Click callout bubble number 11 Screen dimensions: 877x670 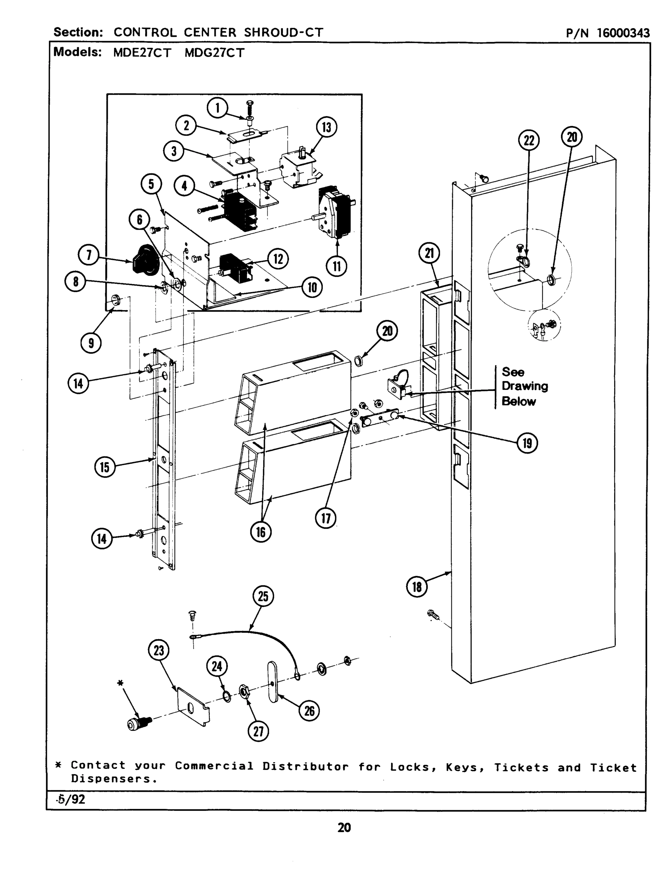(x=337, y=266)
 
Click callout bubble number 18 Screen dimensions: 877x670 (x=417, y=587)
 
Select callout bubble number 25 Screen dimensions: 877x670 (x=263, y=596)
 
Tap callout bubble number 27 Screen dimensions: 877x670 (x=258, y=731)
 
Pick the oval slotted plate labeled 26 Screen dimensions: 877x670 (x=273, y=681)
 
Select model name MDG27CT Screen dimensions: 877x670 (x=214, y=53)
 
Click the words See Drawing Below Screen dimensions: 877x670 (x=524, y=386)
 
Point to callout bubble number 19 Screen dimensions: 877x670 (x=527, y=443)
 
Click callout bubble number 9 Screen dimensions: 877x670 (x=91, y=343)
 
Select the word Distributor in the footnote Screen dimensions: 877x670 (x=305, y=766)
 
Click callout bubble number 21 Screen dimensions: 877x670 (x=429, y=253)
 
